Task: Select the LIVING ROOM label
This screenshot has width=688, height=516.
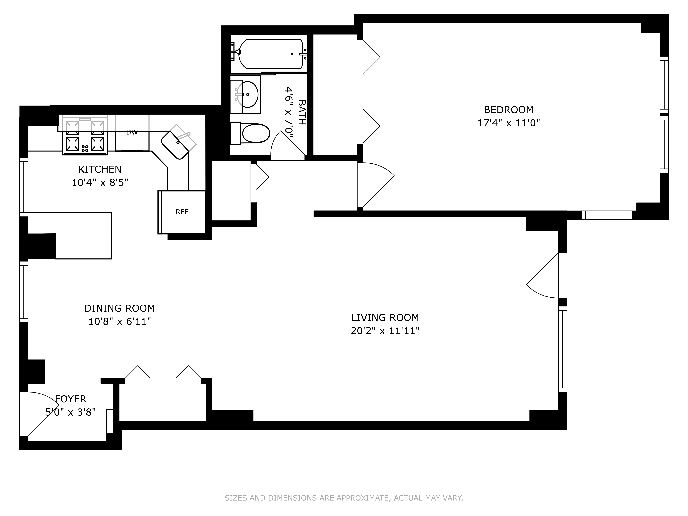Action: [385, 318]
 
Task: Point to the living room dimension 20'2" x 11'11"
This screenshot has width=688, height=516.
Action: [385, 331]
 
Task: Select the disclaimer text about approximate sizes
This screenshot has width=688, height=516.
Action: [344, 498]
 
